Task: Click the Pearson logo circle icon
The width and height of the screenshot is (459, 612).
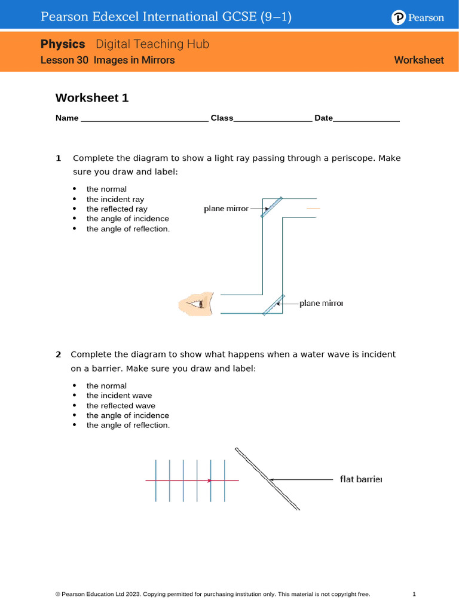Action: tap(399, 18)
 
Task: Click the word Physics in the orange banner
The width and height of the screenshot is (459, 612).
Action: tap(63, 44)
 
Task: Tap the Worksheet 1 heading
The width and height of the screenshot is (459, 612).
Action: tap(92, 98)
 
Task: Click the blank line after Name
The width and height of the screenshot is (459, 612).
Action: tap(144, 119)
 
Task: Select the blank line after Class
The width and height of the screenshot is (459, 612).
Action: tap(273, 119)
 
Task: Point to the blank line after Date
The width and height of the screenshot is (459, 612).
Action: tap(366, 119)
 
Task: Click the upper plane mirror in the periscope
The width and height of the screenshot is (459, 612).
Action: tap(271, 207)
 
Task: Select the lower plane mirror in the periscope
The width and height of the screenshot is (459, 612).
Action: tap(273, 304)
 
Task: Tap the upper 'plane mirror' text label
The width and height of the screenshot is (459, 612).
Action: tap(226, 209)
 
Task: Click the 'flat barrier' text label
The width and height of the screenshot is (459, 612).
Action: tap(360, 479)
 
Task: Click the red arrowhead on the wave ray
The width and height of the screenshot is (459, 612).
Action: tap(209, 480)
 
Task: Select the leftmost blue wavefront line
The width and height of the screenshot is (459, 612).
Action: tap(156, 480)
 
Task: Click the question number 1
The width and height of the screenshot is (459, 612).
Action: tap(59, 158)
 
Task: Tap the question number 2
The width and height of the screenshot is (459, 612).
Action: tap(59, 354)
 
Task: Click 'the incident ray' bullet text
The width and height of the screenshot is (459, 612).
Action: tap(115, 199)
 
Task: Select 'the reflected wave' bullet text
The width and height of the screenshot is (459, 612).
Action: tap(121, 406)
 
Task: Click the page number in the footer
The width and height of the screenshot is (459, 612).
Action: tap(414, 594)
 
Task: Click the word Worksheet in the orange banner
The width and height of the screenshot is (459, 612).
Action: tap(419, 60)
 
